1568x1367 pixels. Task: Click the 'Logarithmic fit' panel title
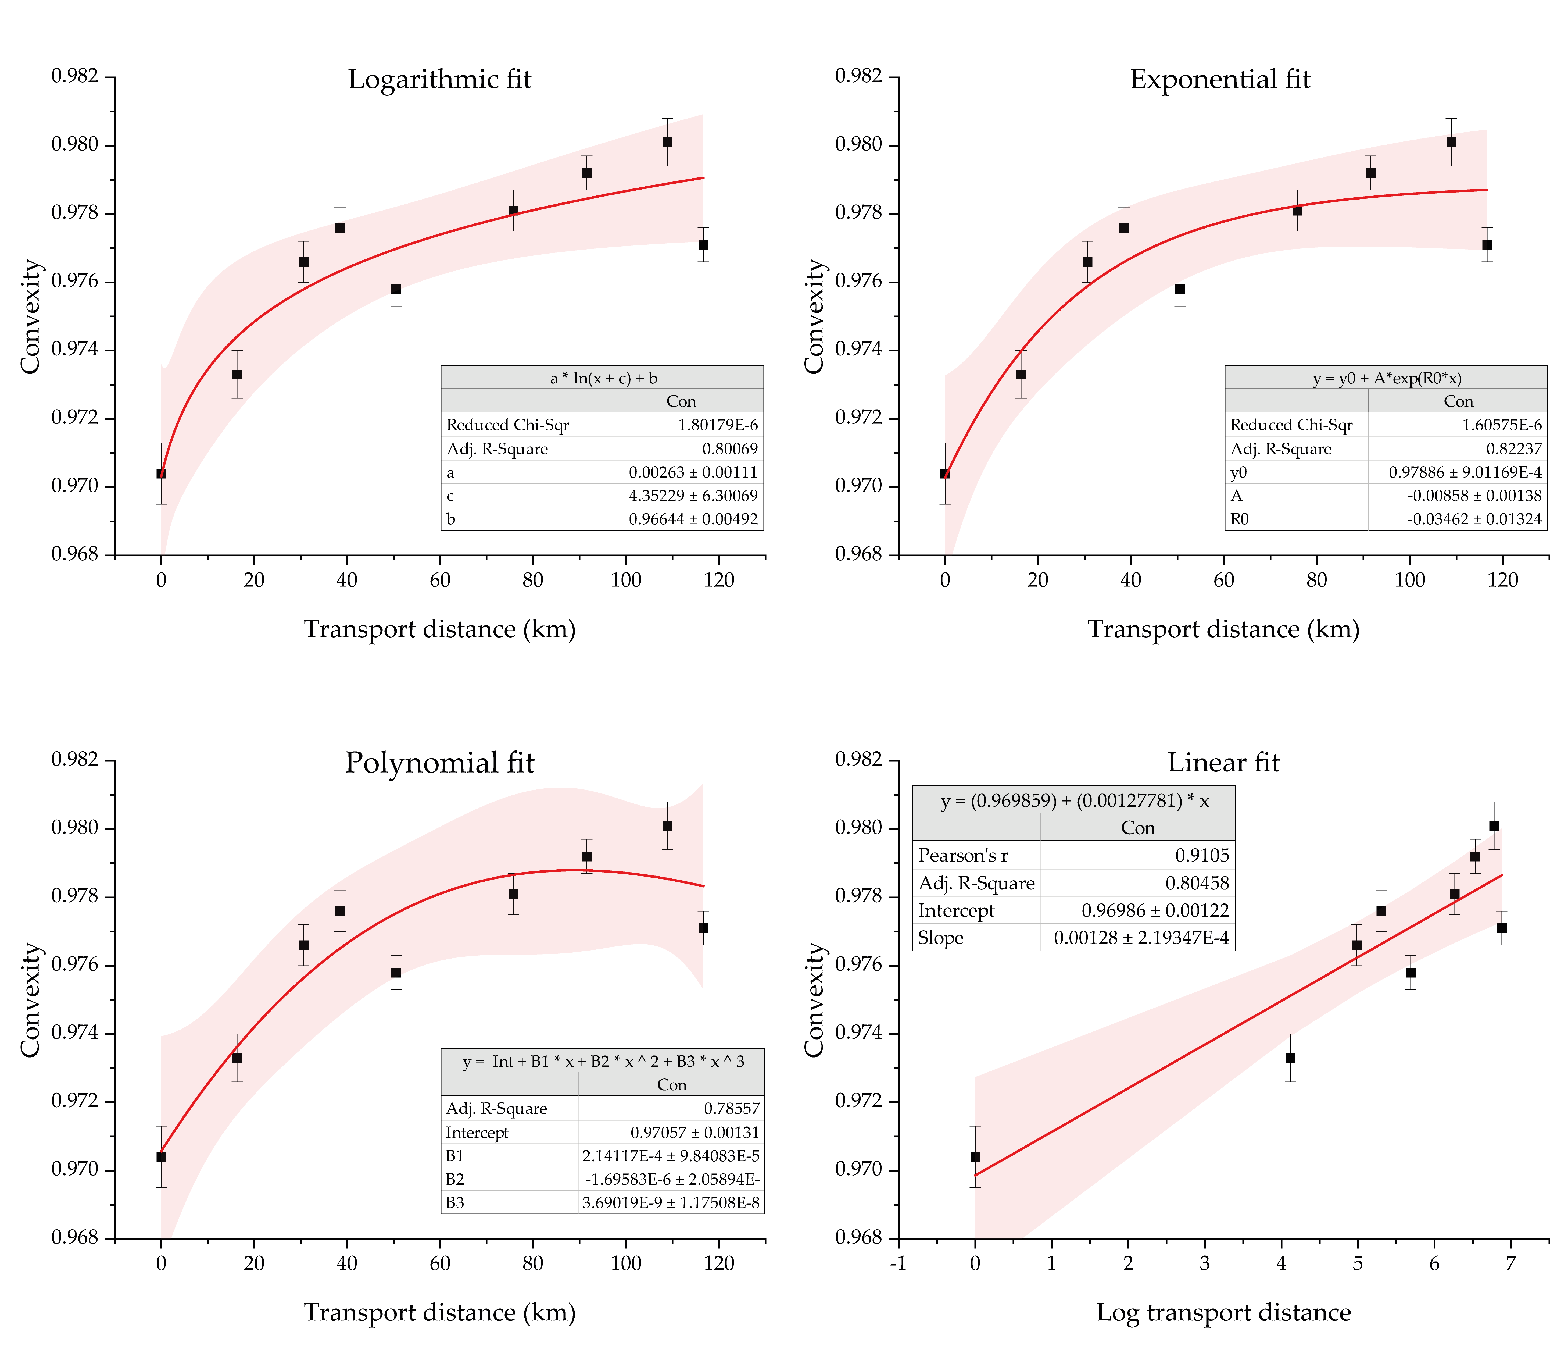click(439, 79)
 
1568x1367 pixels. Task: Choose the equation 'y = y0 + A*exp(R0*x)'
click(1387, 378)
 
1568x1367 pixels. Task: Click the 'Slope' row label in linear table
click(940, 938)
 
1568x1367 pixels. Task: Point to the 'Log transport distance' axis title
click(1223, 1312)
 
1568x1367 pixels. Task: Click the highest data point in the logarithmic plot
click(667, 142)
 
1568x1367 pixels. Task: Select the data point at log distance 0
click(975, 1157)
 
